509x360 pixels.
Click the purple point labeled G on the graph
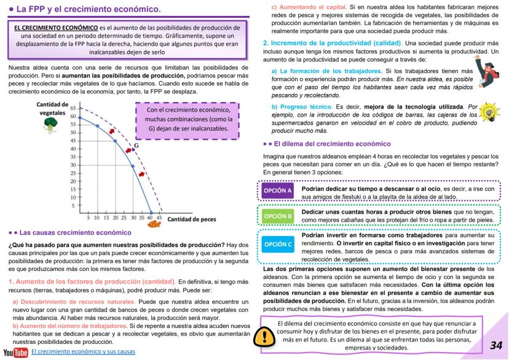coord(133,149)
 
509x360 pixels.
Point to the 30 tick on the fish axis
coord(132,218)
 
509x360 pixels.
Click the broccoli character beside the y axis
coord(50,125)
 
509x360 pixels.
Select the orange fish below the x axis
coord(154,224)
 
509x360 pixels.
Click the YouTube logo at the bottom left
coord(15,352)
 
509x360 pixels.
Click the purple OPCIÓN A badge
coord(277,191)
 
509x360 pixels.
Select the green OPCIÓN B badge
coord(277,216)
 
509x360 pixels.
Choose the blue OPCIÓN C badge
coord(277,245)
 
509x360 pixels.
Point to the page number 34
coord(496,345)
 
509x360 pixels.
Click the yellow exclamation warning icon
coord(264,336)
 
